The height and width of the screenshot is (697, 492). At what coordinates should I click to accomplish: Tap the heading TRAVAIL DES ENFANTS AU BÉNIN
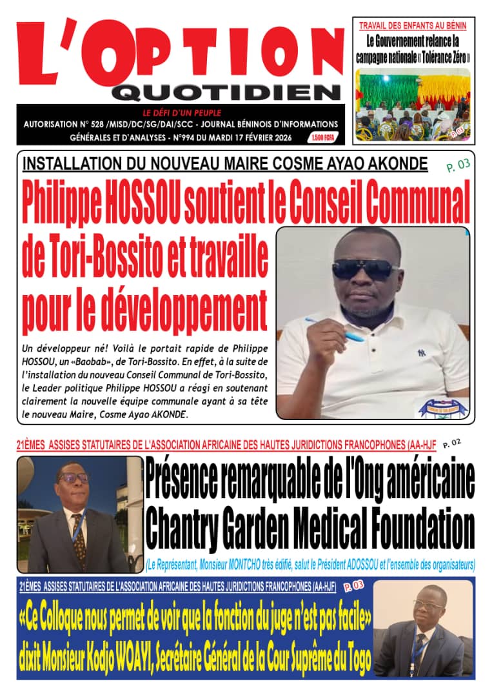(x=413, y=26)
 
